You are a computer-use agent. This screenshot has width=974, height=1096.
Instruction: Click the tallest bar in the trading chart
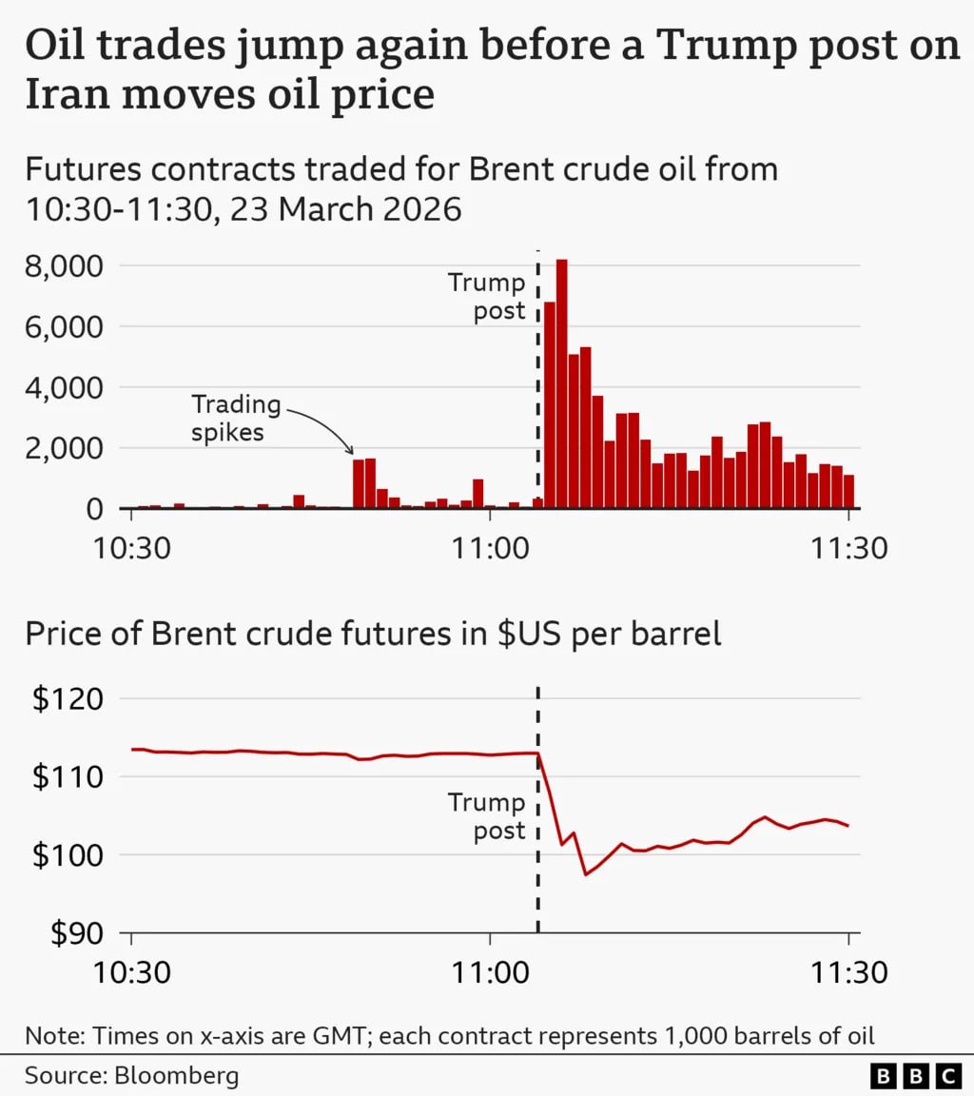pos(561,381)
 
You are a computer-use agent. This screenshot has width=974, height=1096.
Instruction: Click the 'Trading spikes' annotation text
pos(236,419)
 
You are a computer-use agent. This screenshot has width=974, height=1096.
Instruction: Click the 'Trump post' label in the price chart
pos(487,816)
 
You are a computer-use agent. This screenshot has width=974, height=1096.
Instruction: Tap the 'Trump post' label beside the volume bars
pos(487,297)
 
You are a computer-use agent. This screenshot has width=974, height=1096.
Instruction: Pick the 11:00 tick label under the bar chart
pos(489,548)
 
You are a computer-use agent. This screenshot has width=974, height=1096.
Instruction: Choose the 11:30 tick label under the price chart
pos(847,972)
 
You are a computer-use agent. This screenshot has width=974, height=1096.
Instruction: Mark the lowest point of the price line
pos(586,874)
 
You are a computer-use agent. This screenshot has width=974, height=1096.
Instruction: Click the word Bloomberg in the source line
pos(177,1076)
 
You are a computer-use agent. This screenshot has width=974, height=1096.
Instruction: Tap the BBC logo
pos(916,1076)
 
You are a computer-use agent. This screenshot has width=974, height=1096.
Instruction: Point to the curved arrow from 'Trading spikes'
pos(328,428)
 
